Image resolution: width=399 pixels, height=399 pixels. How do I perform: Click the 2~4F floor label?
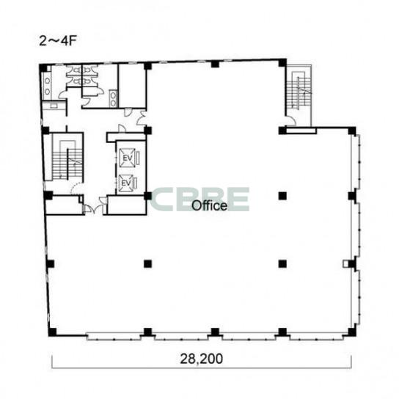point(58,41)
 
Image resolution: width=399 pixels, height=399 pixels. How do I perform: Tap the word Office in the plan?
point(209,205)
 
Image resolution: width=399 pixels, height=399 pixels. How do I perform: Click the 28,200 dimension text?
point(201,359)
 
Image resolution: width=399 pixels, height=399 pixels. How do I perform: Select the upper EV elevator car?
point(127,158)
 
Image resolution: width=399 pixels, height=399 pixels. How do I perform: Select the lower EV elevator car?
point(126,183)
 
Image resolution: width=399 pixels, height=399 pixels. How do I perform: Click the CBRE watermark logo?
point(199,199)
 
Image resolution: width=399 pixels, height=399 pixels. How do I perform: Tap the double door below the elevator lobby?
point(95,207)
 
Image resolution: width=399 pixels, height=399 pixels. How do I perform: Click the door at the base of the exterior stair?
point(291,120)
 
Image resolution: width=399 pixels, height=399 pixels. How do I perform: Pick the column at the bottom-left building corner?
point(52,332)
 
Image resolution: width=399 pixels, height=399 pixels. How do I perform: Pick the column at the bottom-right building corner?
point(351,332)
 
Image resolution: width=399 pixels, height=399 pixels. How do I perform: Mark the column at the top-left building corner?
point(43,68)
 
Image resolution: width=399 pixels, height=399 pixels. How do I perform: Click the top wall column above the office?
point(215,64)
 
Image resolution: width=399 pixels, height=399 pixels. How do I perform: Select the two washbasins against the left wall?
point(48,86)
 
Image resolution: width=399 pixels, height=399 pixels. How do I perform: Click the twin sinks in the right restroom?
point(113,99)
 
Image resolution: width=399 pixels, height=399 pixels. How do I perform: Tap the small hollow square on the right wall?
point(345,263)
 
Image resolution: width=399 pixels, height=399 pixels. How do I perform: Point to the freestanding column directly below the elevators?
point(148,263)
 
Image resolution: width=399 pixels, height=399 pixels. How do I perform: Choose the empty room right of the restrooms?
point(132,86)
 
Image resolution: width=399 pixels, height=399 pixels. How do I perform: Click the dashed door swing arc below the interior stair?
point(76,188)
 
